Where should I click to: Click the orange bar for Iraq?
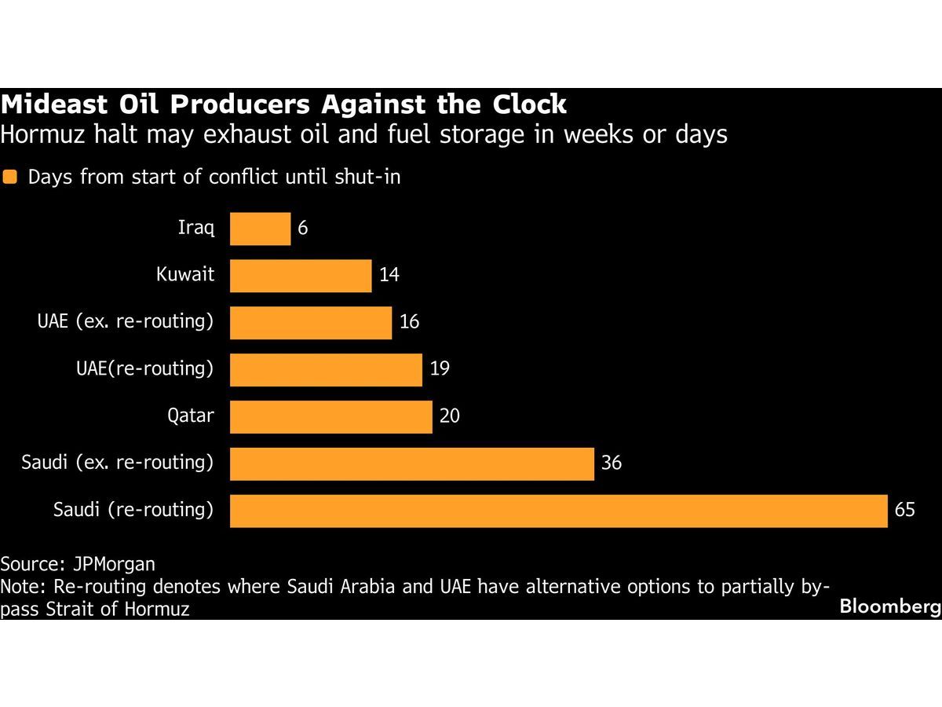pos(260,229)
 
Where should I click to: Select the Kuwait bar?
pos(301,276)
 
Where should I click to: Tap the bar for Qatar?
pos(330,416)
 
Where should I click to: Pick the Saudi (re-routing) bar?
pos(558,511)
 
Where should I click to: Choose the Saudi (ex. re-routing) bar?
pos(411,463)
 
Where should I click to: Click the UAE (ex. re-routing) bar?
pos(311,323)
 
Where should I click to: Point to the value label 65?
pos(904,510)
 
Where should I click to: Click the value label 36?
pos(611,463)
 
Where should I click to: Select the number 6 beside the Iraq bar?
pos(303,229)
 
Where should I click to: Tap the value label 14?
pos(389,276)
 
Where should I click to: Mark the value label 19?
pos(440,368)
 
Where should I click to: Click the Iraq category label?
pos(195,229)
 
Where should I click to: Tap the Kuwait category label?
pos(184,276)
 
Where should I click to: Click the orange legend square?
pos(10,178)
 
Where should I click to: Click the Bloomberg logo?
pos(889,606)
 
